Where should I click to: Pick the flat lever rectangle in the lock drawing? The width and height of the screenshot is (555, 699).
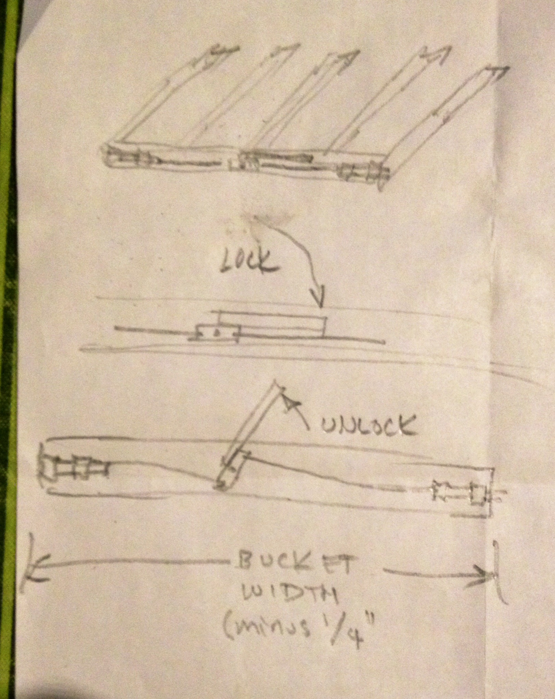point(268,321)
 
